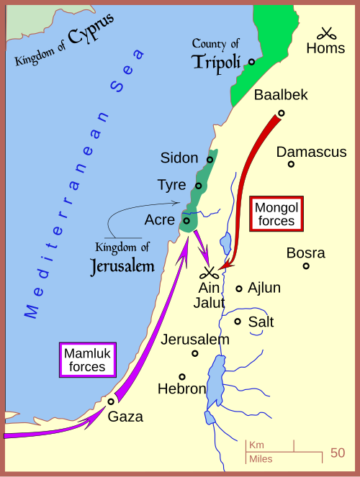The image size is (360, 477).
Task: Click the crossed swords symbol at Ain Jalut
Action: (210, 273)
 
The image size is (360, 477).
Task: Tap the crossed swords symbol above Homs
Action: (327, 33)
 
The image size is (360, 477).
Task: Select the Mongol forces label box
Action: (275, 214)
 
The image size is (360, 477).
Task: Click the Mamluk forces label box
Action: (89, 360)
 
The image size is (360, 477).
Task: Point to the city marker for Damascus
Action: (292, 164)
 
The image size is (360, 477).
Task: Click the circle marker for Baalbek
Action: (281, 112)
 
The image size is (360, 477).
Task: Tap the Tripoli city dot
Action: (251, 62)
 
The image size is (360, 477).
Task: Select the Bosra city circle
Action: (306, 265)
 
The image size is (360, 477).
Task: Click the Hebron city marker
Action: (182, 376)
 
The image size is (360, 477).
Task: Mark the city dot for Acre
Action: (186, 220)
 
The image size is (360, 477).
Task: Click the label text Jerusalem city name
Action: (195, 339)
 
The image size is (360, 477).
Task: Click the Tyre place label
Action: (171, 185)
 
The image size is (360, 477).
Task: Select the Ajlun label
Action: (264, 288)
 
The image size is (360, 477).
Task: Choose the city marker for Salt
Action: (238, 321)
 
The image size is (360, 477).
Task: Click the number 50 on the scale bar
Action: (338, 453)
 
